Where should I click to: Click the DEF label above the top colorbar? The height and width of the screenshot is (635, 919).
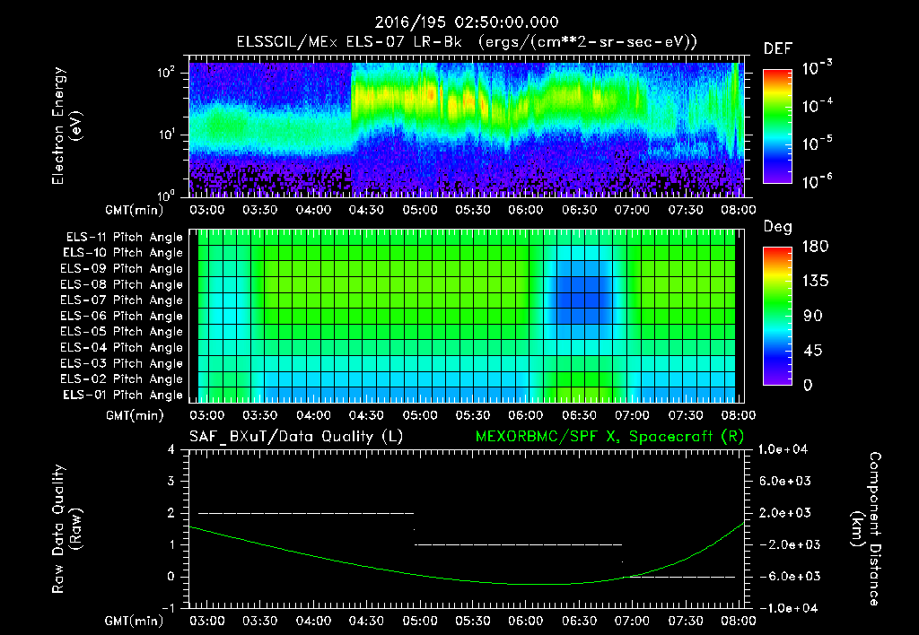click(777, 48)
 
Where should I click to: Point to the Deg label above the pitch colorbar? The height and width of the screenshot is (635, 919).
click(777, 227)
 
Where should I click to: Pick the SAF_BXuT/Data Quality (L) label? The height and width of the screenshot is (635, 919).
click(294, 437)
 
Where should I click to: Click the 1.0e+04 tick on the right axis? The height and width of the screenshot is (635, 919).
click(787, 449)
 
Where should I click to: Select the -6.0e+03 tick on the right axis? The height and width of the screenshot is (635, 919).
click(787, 576)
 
